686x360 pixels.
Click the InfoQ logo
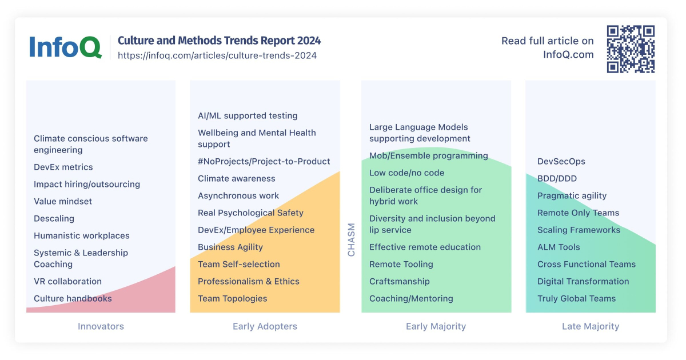click(65, 47)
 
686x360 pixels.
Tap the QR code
click(631, 49)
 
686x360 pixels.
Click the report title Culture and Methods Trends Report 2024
click(219, 41)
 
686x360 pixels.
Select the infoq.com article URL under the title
click(217, 55)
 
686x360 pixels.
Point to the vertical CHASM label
click(351, 239)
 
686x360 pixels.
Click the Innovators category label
click(101, 326)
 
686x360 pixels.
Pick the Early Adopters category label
click(265, 326)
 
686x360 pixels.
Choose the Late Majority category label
click(590, 326)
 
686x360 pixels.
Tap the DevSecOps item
click(561, 161)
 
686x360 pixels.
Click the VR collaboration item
click(67, 281)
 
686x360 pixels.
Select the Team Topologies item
click(233, 298)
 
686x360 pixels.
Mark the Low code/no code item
click(406, 173)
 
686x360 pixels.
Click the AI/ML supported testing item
click(248, 115)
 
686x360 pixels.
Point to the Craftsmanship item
click(400, 281)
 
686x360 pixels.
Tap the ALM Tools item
click(559, 247)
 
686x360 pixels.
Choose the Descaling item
click(54, 218)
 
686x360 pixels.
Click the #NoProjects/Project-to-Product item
click(264, 161)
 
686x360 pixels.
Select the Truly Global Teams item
click(576, 298)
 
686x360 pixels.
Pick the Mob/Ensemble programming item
click(429, 155)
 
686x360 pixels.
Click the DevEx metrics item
click(63, 167)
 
